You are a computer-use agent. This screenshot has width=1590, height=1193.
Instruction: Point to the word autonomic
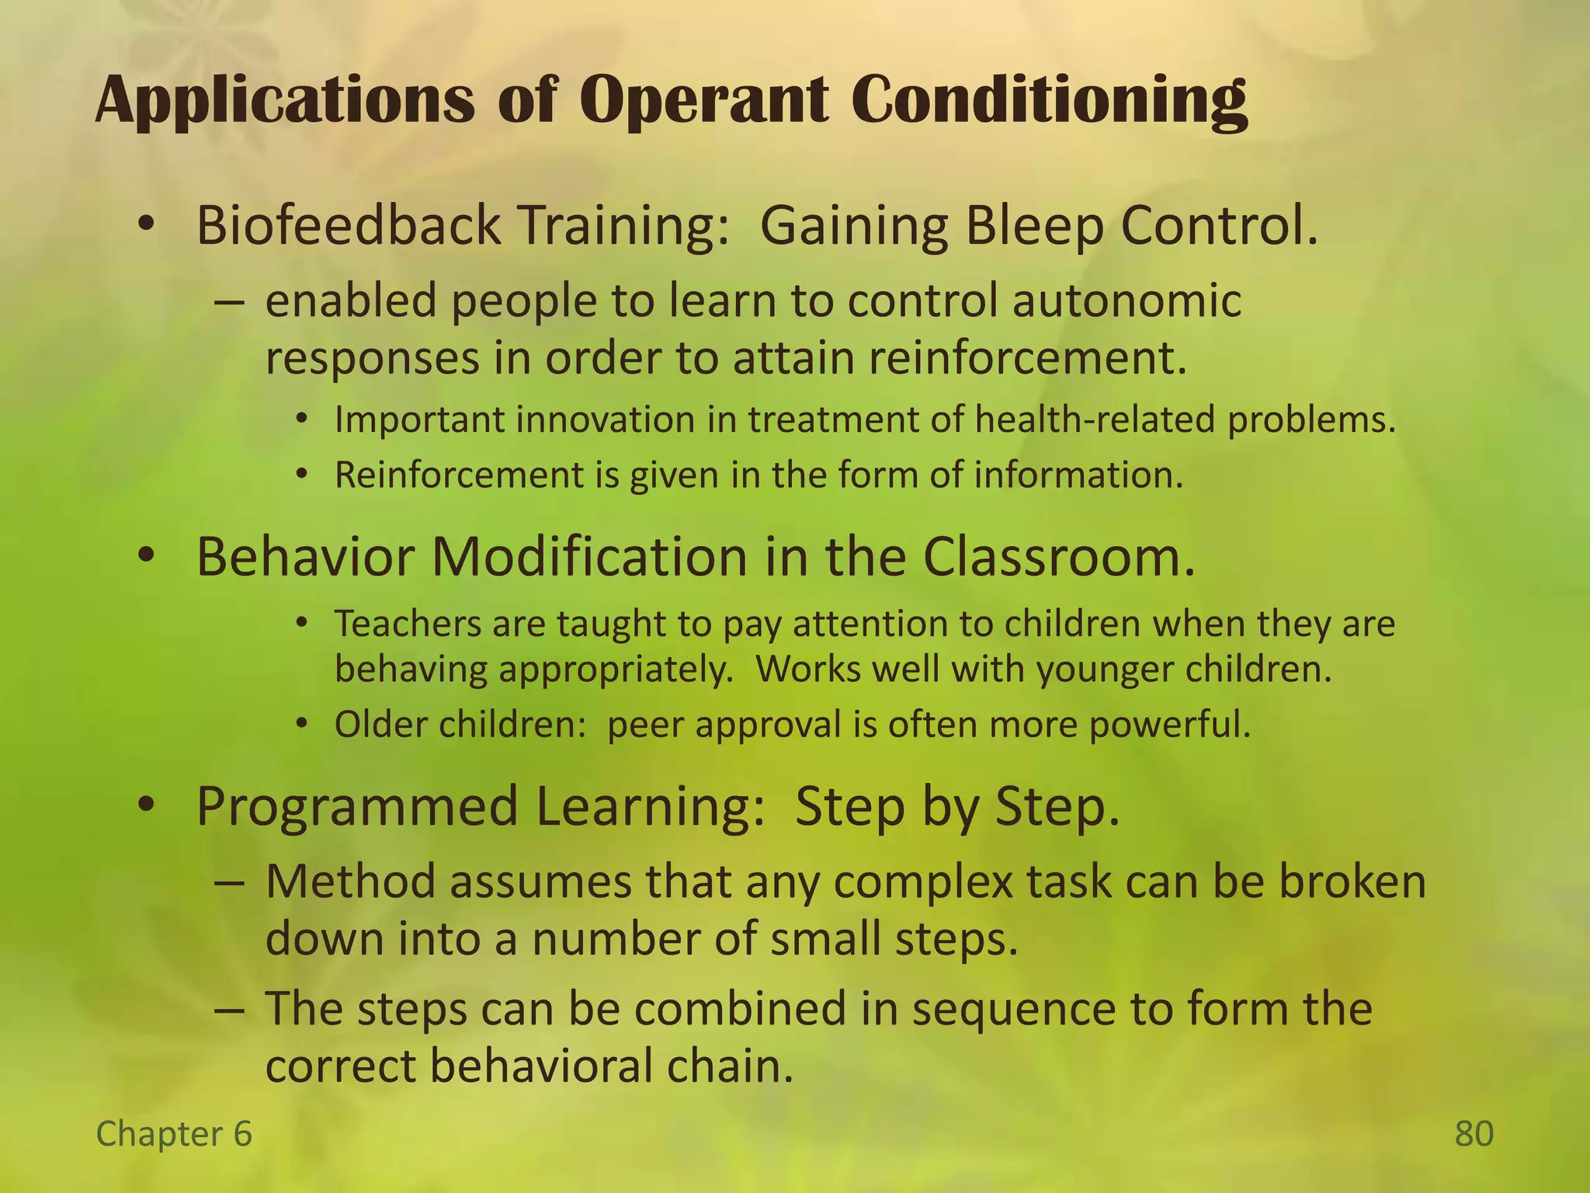click(1127, 301)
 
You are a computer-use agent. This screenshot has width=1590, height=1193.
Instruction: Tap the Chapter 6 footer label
click(174, 1134)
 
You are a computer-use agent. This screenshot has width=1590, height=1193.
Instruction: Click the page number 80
click(1474, 1134)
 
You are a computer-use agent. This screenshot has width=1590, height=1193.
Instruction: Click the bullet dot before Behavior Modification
click(146, 557)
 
